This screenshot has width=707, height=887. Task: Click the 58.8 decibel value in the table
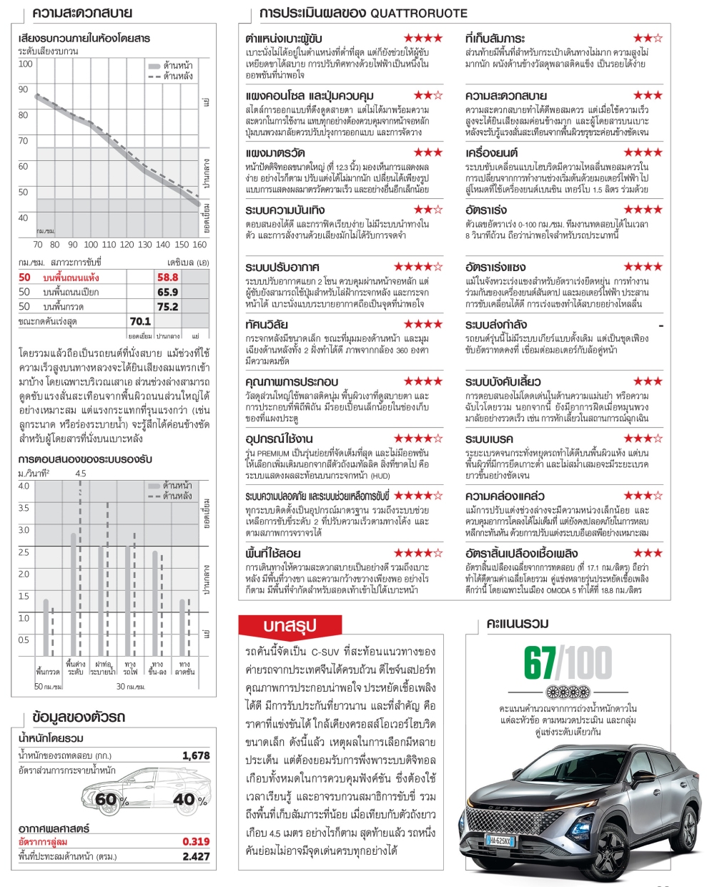[167, 278]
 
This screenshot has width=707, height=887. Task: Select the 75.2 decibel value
[167, 306]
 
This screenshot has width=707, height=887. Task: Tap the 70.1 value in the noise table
[140, 321]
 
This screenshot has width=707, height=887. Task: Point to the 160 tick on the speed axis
[199, 244]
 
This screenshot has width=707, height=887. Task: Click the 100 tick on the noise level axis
[26, 64]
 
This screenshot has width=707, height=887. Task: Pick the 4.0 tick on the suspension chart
[24, 486]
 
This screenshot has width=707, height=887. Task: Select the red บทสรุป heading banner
[289, 625]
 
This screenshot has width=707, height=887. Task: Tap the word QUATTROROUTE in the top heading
[419, 13]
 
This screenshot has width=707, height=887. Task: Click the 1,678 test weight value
[196, 755]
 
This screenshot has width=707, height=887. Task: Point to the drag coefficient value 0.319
[196, 842]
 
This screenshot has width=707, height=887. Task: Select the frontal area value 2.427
[196, 856]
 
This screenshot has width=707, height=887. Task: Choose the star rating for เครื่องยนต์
[643, 152]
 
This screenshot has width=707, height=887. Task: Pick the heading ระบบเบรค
[489, 438]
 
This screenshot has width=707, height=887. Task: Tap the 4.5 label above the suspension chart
[80, 474]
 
